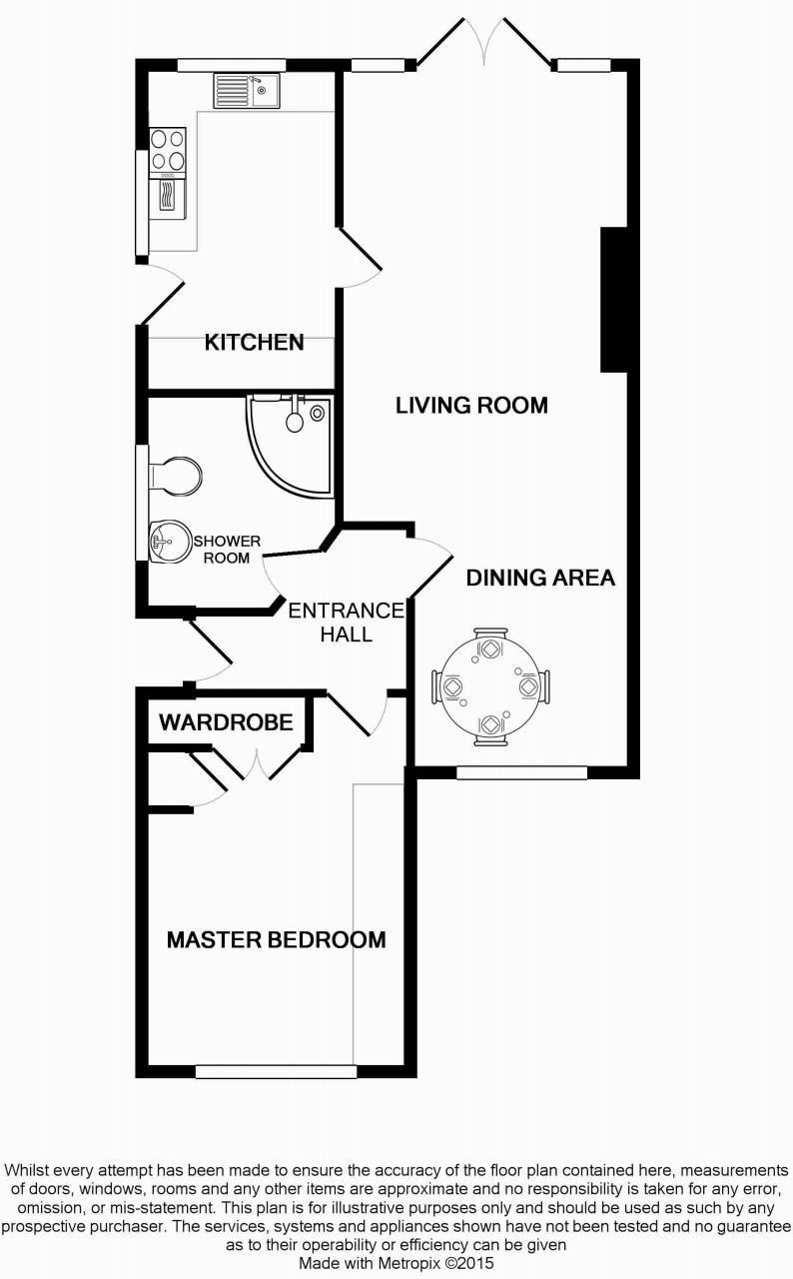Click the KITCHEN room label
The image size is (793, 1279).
point(254,343)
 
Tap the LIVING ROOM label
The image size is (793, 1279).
point(471,405)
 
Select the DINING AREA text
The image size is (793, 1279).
point(540,578)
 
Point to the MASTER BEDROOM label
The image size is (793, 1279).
point(276,939)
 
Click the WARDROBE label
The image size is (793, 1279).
point(226,721)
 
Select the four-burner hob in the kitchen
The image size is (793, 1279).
point(167,150)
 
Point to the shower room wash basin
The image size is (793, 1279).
point(164,544)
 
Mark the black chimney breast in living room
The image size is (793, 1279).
point(613,300)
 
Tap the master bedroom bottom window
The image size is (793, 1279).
point(276,1072)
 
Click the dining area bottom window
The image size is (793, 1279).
point(521,772)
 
